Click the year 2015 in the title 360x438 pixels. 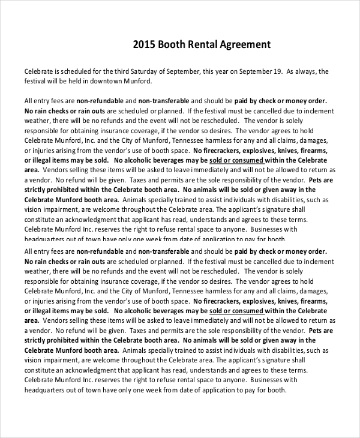145,44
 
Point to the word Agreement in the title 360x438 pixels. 247,44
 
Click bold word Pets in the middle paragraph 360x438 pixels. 319,181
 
